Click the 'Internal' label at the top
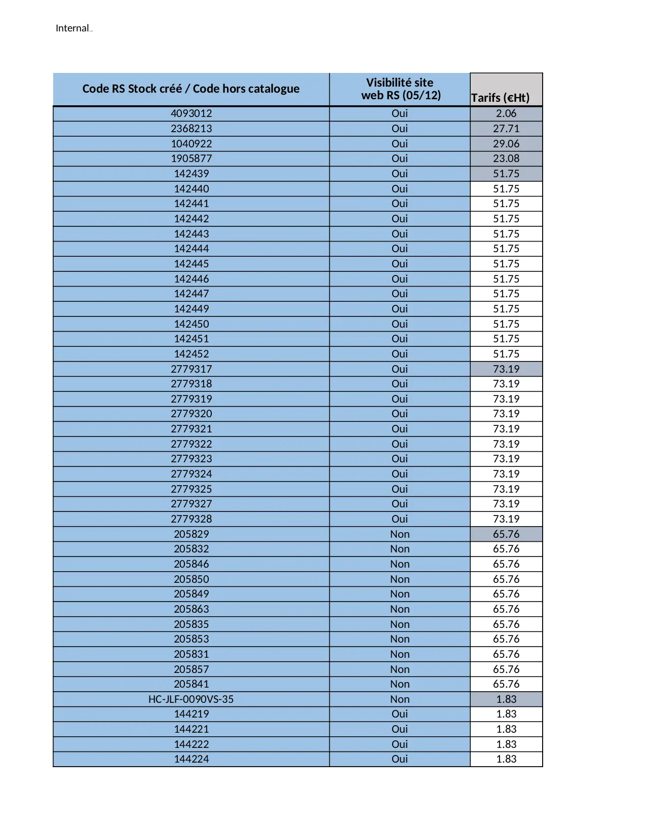point(72,28)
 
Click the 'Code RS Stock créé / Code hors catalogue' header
point(191,89)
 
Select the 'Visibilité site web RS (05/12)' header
point(400,89)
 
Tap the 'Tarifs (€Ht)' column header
point(501,98)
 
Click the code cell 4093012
point(191,113)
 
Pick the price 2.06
point(506,113)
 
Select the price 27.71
point(506,129)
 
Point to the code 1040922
point(191,144)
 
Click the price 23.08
point(506,158)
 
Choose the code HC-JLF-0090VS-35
point(191,699)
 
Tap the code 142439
point(191,174)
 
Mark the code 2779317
point(191,369)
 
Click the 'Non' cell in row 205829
point(400,534)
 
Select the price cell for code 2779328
point(506,519)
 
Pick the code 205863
point(191,609)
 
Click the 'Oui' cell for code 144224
point(400,759)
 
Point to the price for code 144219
point(506,714)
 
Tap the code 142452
point(191,354)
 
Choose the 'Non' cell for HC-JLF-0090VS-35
point(400,699)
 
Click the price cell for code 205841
point(506,684)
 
